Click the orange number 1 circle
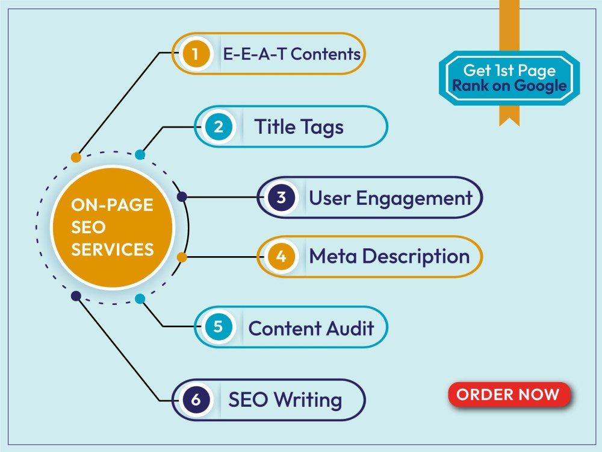coord(196,54)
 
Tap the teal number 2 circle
coord(219,127)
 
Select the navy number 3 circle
coord(281,197)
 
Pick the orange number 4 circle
coord(281,256)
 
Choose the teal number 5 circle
coord(219,327)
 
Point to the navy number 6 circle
coord(196,400)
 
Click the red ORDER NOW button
coord(509,394)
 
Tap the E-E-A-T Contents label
coord(292,54)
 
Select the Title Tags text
coord(299,127)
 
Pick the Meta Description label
coord(389,256)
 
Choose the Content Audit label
coord(311,328)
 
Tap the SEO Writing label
coord(285,400)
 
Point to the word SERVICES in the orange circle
coord(113,250)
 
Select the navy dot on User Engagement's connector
coord(182,197)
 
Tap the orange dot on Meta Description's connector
coord(182,257)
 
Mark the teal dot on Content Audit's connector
coord(140,299)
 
